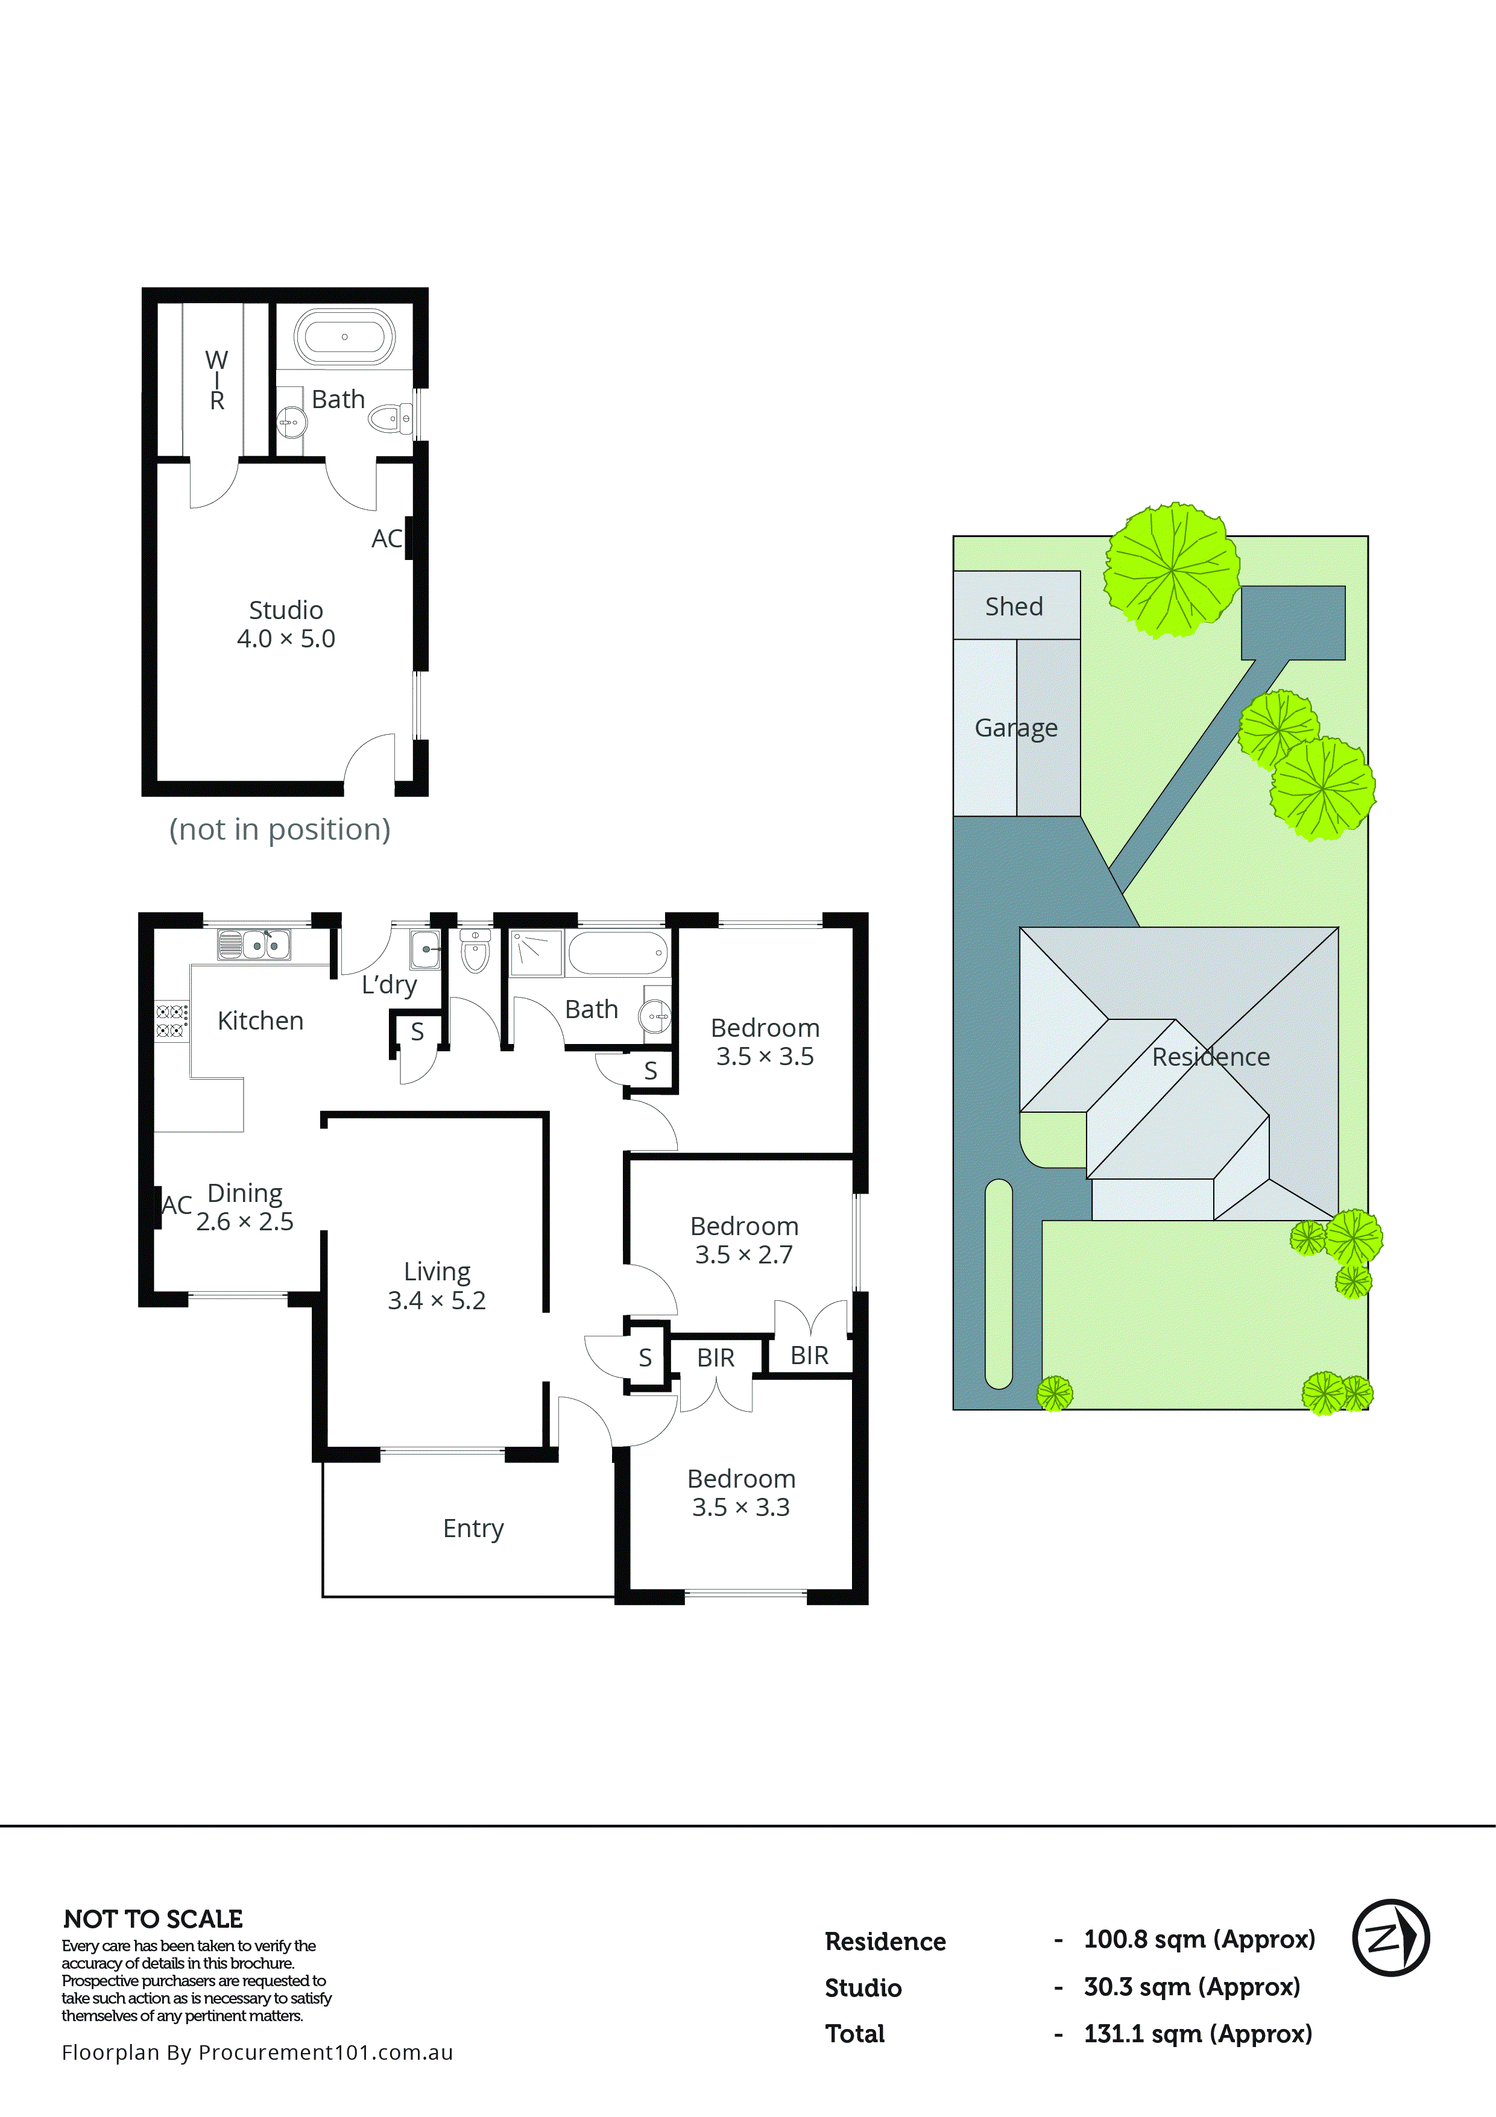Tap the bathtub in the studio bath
344,336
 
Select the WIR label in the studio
216,380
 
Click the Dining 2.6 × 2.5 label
244,1206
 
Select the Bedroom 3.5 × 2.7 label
744,1239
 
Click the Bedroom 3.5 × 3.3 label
742,1492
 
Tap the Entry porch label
473,1528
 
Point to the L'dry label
389,985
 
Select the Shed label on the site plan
1014,606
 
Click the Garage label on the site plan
1015,728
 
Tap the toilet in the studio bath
388,420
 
